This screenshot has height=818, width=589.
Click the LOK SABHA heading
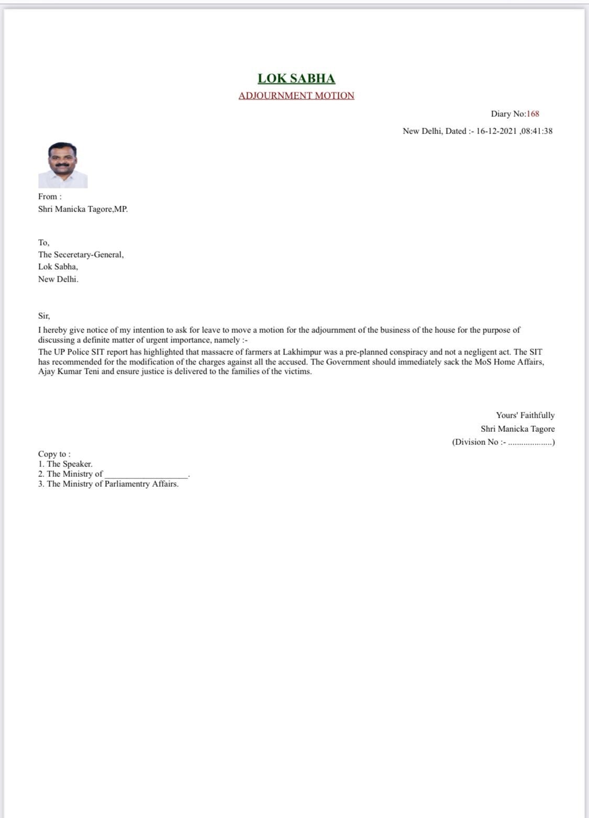296,79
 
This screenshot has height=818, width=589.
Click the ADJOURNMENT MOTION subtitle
296,96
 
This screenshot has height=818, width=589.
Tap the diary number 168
533,114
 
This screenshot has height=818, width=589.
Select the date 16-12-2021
496,131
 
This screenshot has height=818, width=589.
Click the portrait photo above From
63,165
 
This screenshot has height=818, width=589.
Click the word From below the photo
49,197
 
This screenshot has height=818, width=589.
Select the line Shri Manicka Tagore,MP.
83,209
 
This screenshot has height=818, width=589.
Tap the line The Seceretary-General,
81,255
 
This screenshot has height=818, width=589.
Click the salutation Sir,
44,316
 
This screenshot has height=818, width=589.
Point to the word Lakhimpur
302,352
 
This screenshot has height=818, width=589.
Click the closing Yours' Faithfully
525,416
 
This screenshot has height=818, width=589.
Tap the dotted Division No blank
530,443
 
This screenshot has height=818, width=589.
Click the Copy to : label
54,454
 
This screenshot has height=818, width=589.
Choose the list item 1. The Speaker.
65,464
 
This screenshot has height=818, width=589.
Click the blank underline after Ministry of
146,475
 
